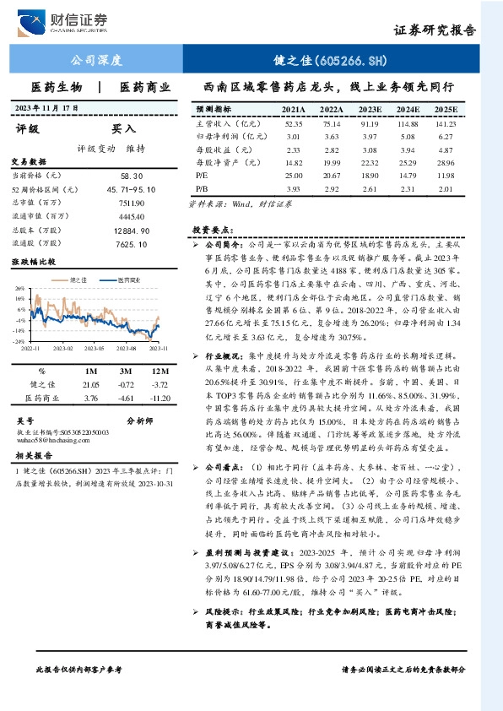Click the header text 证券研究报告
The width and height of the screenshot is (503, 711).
[x=435, y=30]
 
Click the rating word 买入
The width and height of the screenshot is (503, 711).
[x=123, y=129]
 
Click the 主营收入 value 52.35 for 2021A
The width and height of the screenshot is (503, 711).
[x=294, y=123]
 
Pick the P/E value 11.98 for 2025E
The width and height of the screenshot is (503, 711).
[x=446, y=175]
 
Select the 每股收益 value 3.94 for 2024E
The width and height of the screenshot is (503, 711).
[x=408, y=149]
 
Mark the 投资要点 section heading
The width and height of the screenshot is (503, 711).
[x=211, y=230]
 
